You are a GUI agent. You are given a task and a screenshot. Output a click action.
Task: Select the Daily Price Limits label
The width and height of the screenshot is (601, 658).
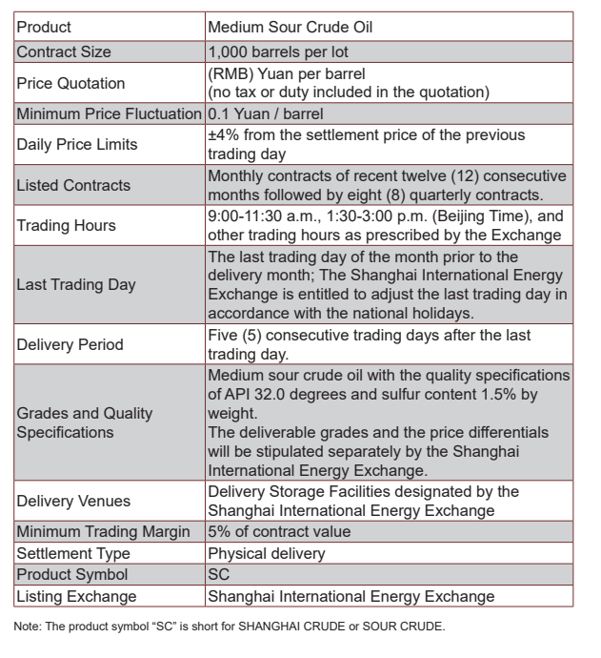(x=77, y=145)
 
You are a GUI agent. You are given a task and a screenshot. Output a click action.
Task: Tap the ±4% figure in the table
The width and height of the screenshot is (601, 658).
(x=222, y=136)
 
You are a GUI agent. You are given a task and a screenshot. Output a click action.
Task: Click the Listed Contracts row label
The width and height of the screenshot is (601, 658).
(x=73, y=185)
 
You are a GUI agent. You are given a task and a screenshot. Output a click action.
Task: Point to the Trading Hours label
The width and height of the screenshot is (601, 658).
(x=64, y=225)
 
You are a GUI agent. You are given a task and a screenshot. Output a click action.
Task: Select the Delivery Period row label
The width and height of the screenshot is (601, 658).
(x=69, y=344)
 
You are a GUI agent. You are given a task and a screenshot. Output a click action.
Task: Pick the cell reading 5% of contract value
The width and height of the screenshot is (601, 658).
(x=279, y=532)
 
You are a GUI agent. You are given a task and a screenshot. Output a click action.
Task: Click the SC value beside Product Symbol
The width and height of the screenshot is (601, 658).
(x=218, y=575)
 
